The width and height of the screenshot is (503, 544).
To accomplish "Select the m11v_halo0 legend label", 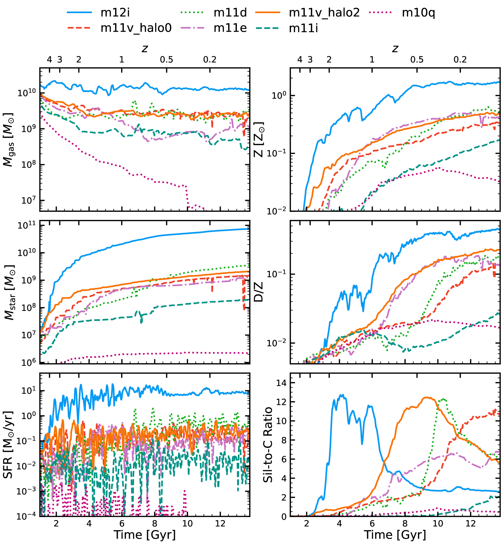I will (x=136, y=28).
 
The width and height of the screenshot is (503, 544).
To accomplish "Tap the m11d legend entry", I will (x=230, y=13).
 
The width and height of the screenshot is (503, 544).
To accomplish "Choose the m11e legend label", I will (x=230, y=28).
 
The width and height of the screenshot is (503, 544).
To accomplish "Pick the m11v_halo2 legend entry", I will (x=324, y=13).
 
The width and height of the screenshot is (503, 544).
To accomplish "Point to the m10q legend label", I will (x=418, y=13).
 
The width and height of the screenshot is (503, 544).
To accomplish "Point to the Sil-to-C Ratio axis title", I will (x=268, y=445).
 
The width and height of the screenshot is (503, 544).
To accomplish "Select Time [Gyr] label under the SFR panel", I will (x=145, y=535).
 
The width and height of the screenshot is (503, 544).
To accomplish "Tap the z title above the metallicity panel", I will (x=395, y=49).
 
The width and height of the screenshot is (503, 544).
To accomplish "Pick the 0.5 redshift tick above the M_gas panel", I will (x=167, y=60).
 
